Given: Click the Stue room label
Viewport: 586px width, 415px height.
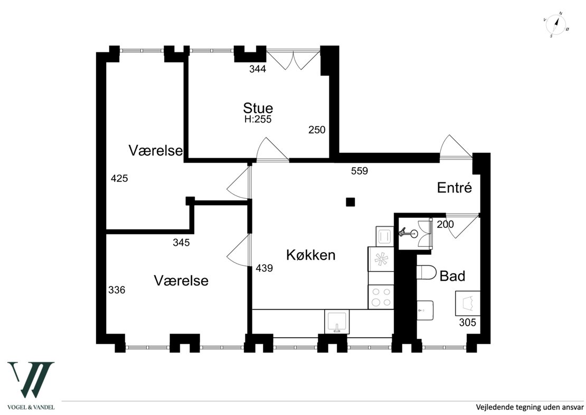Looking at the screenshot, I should [x=258, y=108].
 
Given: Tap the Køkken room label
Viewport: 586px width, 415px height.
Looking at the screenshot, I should [x=310, y=255].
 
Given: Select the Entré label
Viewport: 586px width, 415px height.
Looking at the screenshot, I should [x=453, y=188].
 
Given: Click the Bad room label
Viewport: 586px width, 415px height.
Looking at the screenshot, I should [x=452, y=276].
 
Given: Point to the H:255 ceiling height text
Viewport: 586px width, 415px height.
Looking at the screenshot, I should [x=258, y=119].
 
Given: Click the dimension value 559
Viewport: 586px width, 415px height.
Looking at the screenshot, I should [x=359, y=171].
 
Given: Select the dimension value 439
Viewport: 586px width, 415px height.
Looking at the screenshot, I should [x=264, y=268].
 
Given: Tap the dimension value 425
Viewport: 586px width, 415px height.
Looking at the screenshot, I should [x=119, y=179].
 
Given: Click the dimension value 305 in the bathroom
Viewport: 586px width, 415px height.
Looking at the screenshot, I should [x=468, y=322].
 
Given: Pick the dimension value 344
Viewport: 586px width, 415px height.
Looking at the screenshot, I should [x=258, y=69].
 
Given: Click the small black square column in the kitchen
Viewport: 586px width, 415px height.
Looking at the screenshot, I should [x=350, y=201].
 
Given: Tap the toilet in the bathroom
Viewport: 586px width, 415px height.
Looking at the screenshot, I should [x=426, y=273].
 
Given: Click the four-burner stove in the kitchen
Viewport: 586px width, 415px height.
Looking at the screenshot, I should [x=381, y=297].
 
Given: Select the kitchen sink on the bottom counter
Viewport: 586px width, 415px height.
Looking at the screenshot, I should [x=336, y=322].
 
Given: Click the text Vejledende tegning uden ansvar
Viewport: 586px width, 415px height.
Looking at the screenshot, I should [x=529, y=407].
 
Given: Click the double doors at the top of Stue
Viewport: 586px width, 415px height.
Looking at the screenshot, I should [x=293, y=60].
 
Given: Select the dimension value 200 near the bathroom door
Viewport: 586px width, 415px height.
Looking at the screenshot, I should [x=446, y=224].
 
